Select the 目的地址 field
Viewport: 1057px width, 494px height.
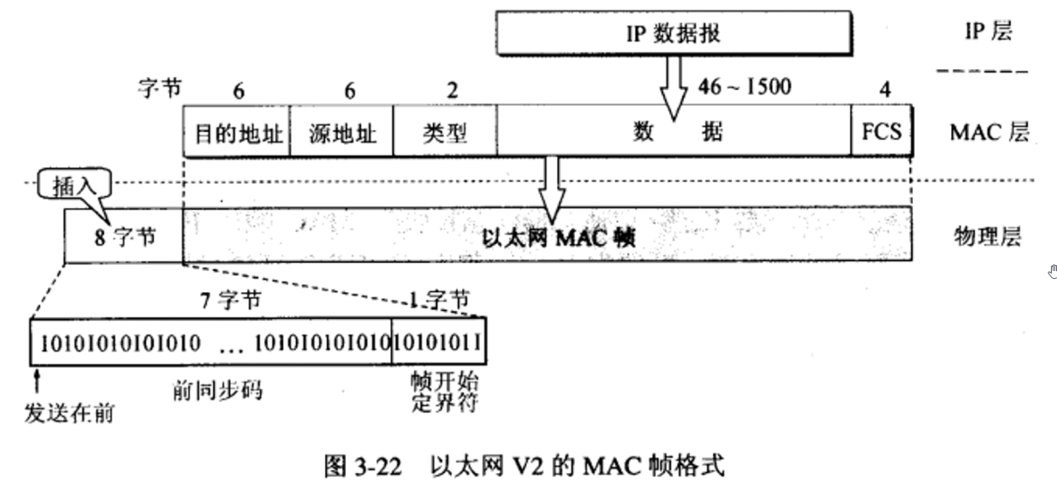pyautogui.click(x=236, y=133)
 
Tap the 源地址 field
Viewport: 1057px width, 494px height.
pyautogui.click(x=341, y=133)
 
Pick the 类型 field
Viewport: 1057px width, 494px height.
pyautogui.click(x=445, y=133)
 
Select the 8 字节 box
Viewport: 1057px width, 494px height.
pyautogui.click(x=122, y=236)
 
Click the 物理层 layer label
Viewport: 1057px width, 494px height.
pyautogui.click(x=987, y=237)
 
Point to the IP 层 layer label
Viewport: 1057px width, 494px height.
pyautogui.click(x=987, y=32)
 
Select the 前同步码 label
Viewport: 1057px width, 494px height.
pyautogui.click(x=218, y=393)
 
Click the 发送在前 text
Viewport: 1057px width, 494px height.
pyautogui.click(x=70, y=411)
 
